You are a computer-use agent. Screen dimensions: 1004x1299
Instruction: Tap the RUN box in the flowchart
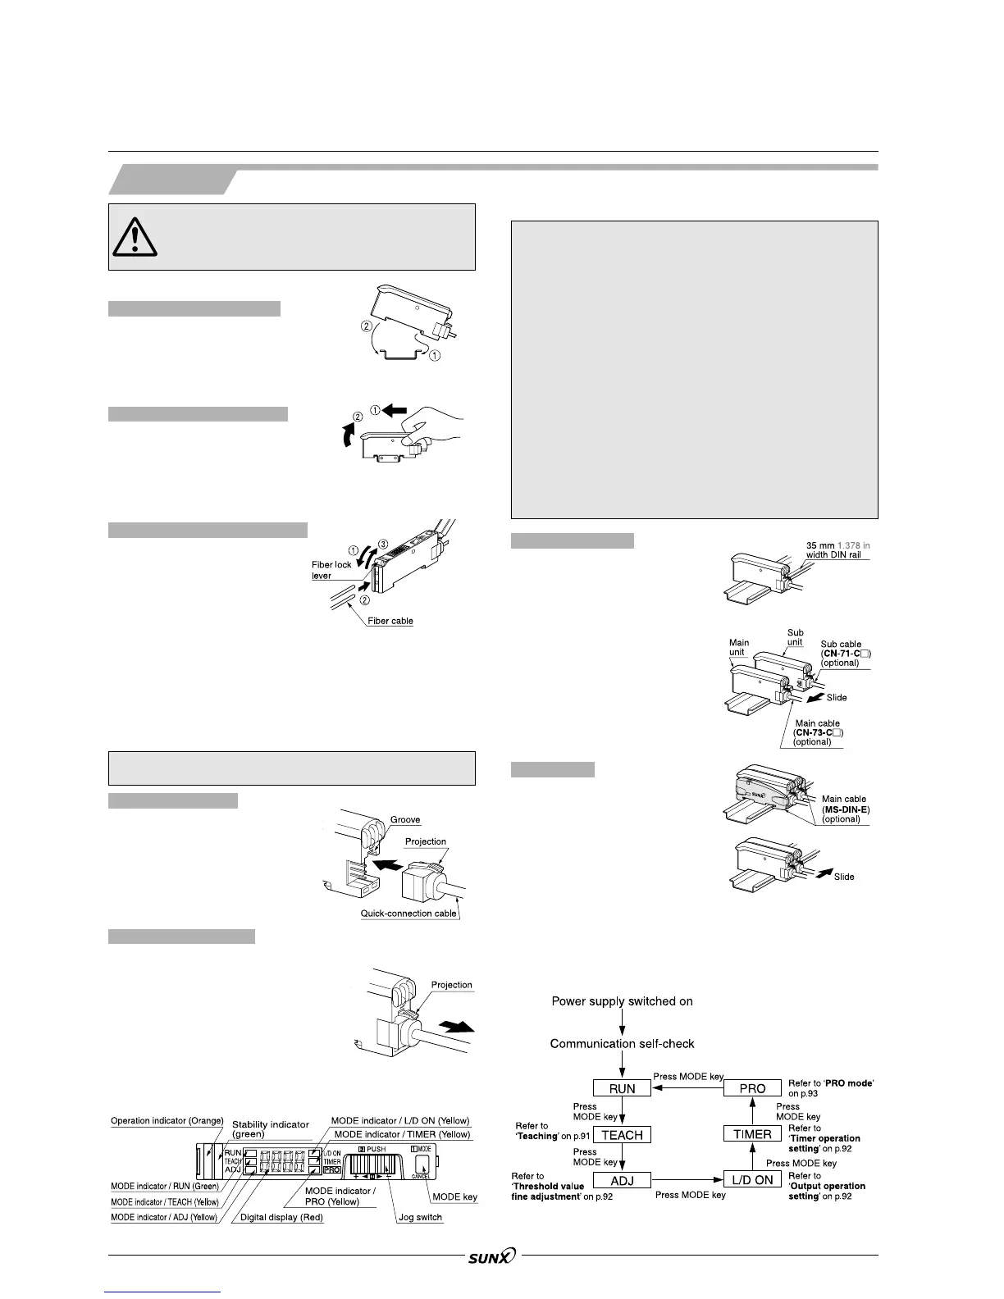pyautogui.click(x=623, y=1088)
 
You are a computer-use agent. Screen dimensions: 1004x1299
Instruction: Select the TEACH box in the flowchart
pyautogui.click(x=622, y=1135)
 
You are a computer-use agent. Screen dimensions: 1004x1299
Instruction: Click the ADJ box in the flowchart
pyautogui.click(x=622, y=1180)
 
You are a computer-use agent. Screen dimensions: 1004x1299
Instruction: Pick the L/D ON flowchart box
pyautogui.click(x=752, y=1180)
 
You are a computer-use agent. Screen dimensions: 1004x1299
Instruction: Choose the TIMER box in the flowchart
pyautogui.click(x=752, y=1134)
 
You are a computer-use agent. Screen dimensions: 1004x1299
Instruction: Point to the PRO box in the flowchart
pyautogui.click(x=752, y=1088)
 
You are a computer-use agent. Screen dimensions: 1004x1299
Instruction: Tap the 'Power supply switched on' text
pyautogui.click(x=622, y=1001)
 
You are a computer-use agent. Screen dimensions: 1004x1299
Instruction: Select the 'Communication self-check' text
pyautogui.click(x=622, y=1044)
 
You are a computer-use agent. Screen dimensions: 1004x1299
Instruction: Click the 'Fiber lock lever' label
pyautogui.click(x=331, y=570)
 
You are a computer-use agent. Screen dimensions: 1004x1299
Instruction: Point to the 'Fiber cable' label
pyautogui.click(x=390, y=621)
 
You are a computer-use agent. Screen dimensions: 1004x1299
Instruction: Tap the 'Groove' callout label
pyautogui.click(x=406, y=820)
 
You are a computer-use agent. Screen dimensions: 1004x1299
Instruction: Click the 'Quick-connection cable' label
pyautogui.click(x=408, y=913)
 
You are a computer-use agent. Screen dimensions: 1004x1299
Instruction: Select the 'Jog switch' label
pyautogui.click(x=420, y=1217)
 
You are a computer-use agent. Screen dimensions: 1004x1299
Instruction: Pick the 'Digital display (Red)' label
pyautogui.click(x=281, y=1217)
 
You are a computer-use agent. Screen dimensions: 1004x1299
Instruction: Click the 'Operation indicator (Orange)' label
pyautogui.click(x=167, y=1121)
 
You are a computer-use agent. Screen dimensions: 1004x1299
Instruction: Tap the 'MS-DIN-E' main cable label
pyautogui.click(x=846, y=809)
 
